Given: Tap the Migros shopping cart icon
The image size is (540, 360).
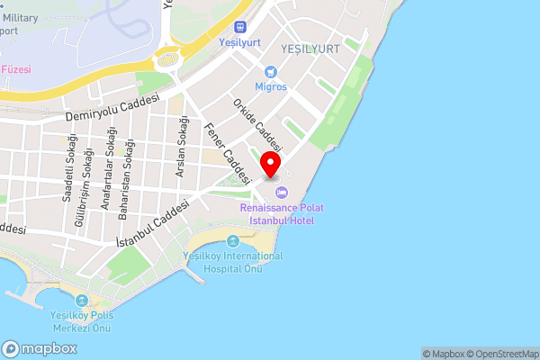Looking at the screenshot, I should (x=270, y=72).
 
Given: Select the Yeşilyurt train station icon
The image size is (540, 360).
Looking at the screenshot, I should (x=239, y=27).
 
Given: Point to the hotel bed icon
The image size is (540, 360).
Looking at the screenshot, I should (x=281, y=193).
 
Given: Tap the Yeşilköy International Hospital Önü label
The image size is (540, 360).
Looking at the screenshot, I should (x=232, y=262).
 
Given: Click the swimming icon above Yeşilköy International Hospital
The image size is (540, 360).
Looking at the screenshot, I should (x=234, y=241).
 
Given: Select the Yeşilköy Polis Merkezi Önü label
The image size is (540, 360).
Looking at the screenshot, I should (x=80, y=321).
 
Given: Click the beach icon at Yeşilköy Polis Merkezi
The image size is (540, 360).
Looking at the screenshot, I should (x=81, y=301).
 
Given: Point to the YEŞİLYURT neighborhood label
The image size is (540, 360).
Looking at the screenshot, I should (x=310, y=48).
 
